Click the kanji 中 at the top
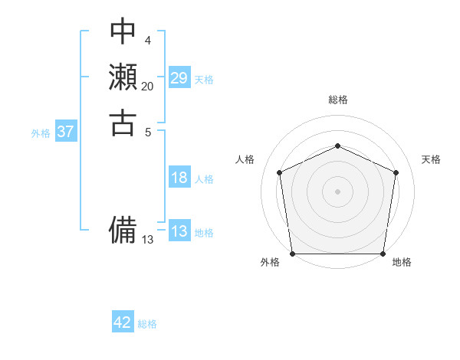[123, 31]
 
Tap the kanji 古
[123, 123]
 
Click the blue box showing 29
[179, 78]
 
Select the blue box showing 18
[179, 178]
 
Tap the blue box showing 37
[66, 132]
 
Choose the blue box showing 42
[123, 322]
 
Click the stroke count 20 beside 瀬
[147, 87]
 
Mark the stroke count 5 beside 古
[147, 132]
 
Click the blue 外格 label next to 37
[41, 133]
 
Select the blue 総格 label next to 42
[147, 324]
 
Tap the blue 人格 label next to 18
[204, 179]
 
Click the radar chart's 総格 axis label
[337, 100]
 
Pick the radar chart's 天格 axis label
[431, 159]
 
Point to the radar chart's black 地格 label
[402, 262]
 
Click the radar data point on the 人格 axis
[279, 172]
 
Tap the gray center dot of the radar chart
[337, 191]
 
